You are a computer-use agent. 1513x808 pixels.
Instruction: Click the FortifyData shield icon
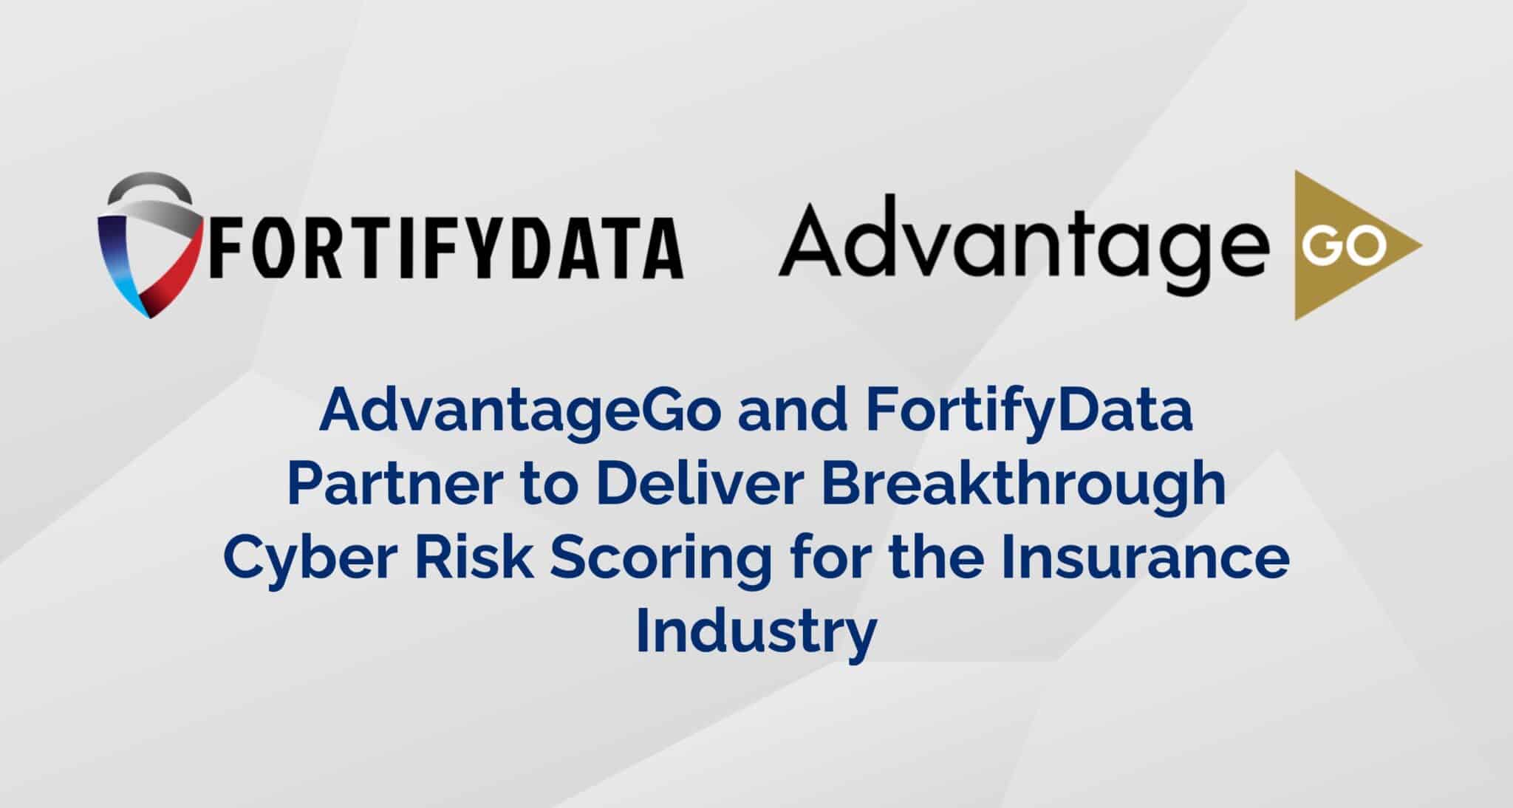coord(150,247)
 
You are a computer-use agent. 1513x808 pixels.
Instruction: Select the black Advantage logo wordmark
coord(1019,238)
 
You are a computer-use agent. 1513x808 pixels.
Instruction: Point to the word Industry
coord(756,631)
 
